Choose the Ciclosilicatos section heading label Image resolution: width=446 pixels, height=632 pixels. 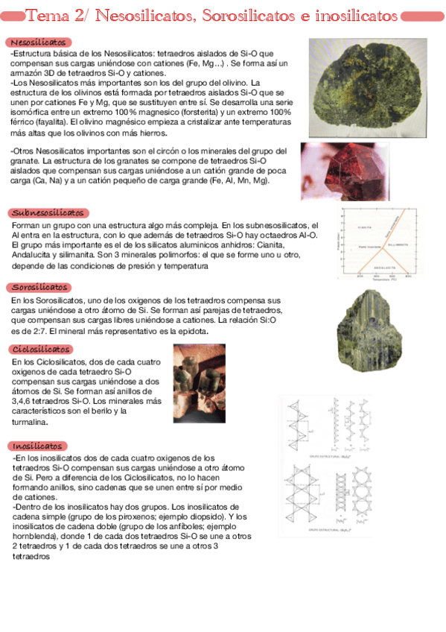coord(42,349)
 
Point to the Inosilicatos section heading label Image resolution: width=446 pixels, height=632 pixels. coord(37,446)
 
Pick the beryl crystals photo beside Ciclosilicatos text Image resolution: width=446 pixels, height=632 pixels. coord(194,384)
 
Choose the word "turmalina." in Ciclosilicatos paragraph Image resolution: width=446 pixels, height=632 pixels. coord(31,422)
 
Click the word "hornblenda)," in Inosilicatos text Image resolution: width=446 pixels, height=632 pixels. coord(39,536)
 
